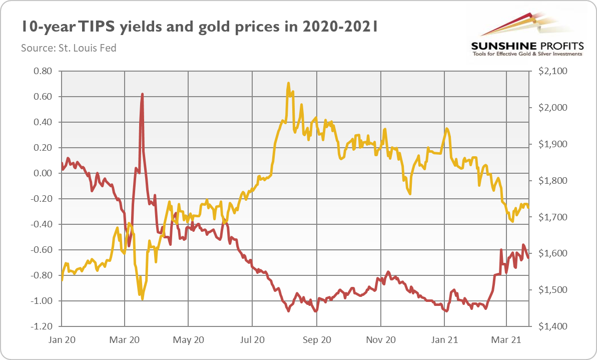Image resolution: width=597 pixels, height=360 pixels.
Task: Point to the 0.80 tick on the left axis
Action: pyautogui.click(x=44, y=71)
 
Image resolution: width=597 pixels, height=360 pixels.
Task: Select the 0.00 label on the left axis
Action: pyautogui.click(x=44, y=173)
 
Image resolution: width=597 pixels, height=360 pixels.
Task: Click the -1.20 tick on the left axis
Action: pyautogui.click(x=42, y=326)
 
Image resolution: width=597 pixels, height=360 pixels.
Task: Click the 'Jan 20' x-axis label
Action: pyautogui.click(x=62, y=340)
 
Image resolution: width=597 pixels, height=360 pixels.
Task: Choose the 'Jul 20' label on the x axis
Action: pyautogui.click(x=252, y=340)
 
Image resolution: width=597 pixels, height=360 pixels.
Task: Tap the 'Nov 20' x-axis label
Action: pyautogui.click(x=381, y=340)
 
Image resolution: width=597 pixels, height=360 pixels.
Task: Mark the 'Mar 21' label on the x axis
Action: pyautogui.click(x=507, y=340)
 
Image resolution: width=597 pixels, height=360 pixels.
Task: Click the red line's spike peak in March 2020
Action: pyautogui.click(x=143, y=94)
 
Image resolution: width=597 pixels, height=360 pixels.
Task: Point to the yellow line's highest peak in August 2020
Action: pyautogui.click(x=289, y=83)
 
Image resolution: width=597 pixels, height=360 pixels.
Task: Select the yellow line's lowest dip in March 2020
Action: pyautogui.click(x=143, y=299)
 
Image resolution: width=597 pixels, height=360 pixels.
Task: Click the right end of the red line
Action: pyautogui.click(x=528, y=257)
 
